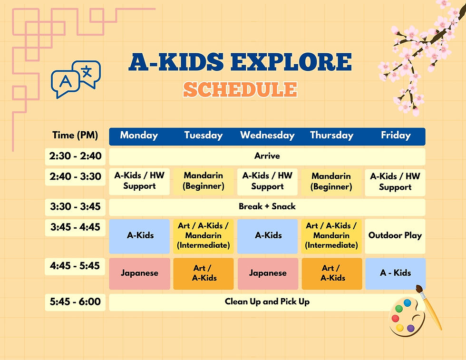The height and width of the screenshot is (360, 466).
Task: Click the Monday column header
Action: click(139, 135)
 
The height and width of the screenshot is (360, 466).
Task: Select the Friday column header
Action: click(396, 135)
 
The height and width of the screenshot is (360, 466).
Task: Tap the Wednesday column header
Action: click(267, 135)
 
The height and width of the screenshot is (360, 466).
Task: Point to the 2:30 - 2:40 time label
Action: click(75, 156)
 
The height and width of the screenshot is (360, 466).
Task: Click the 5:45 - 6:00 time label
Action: click(75, 302)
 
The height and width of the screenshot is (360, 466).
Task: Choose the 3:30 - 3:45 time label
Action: click(75, 207)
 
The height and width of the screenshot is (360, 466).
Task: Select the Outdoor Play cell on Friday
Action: click(395, 236)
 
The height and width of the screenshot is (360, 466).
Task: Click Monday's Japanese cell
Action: click(139, 273)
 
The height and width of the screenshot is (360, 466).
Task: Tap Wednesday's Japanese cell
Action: click(268, 273)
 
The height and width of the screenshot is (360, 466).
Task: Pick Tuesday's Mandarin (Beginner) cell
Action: click(204, 181)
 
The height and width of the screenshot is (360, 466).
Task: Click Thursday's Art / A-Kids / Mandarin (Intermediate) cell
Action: click(331, 236)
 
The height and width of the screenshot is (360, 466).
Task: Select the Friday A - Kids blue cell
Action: click(395, 273)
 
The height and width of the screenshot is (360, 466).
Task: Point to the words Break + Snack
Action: click(267, 206)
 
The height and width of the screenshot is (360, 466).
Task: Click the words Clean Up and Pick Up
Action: click(267, 302)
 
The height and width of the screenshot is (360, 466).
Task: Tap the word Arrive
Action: click(267, 156)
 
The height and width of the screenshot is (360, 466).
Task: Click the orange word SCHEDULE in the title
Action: click(240, 89)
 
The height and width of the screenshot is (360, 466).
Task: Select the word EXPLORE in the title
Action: click(291, 62)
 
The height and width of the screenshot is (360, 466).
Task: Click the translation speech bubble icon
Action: click(76, 79)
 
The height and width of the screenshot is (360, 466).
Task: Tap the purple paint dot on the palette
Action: click(410, 328)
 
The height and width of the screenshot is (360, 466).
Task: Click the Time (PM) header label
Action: click(75, 135)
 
